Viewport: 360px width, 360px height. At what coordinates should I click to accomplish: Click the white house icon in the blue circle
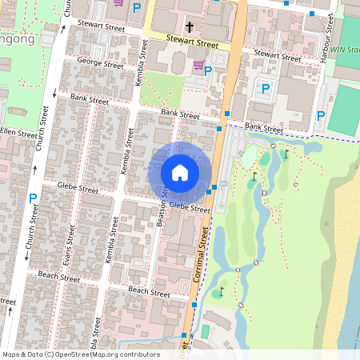click(180, 172)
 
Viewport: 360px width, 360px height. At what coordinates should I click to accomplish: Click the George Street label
click(99, 63)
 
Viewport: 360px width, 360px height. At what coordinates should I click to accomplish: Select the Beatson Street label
click(164, 210)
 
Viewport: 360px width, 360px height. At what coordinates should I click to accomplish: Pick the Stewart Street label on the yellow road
click(192, 41)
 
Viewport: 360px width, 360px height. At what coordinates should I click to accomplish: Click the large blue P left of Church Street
click(33, 197)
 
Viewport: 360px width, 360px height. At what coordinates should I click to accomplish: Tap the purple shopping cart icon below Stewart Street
click(198, 64)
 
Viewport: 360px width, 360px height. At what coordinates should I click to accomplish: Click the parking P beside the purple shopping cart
click(208, 71)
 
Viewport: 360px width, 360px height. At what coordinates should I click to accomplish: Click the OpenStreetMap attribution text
click(81, 354)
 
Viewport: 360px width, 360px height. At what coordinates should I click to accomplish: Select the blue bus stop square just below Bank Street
click(219, 128)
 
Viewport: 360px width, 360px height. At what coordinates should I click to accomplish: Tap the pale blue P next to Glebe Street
click(223, 185)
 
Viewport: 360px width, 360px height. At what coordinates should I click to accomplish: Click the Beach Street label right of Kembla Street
click(150, 290)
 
